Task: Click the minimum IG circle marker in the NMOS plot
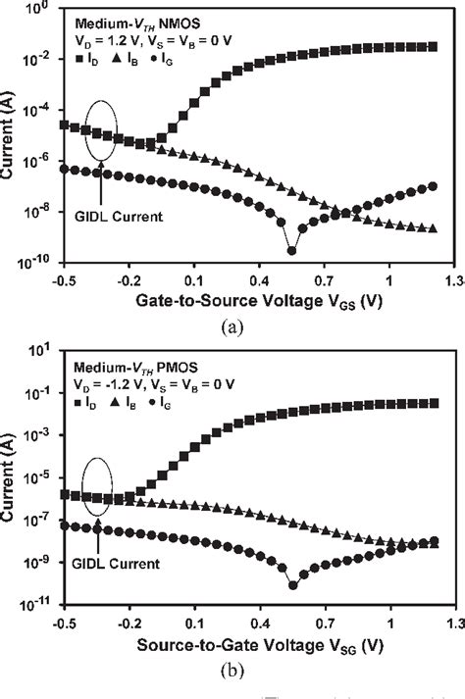[x=291, y=251]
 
